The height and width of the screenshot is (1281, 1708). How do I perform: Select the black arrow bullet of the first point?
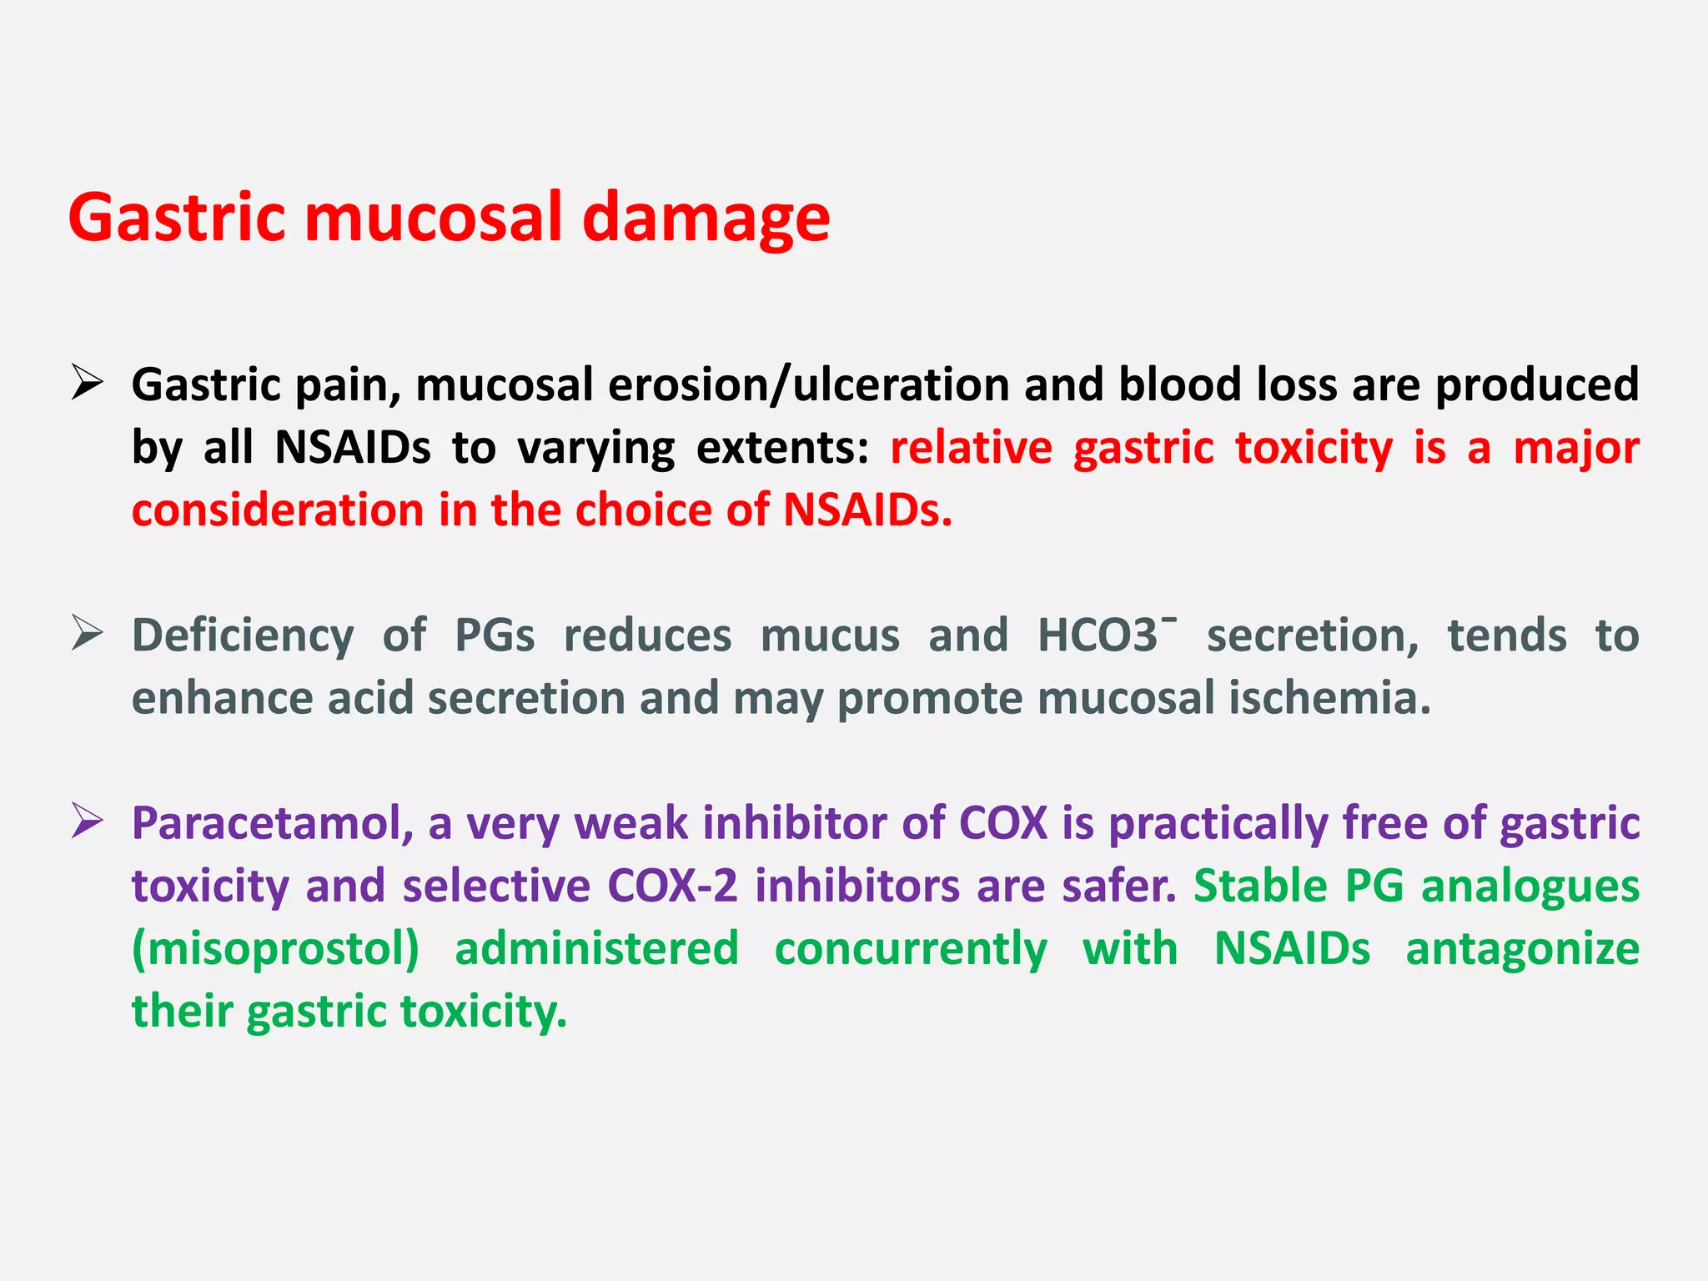point(87,383)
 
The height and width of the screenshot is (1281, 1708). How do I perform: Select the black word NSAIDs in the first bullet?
point(353,448)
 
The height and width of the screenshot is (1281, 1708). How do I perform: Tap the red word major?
point(1575,449)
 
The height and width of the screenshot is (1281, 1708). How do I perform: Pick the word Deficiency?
point(243,636)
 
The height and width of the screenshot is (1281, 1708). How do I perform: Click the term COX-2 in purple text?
point(672,886)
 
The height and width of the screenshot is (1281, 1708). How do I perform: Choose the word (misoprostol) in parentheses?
point(276,949)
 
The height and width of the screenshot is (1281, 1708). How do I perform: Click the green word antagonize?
point(1522,949)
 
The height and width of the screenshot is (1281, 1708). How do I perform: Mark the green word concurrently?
point(911,949)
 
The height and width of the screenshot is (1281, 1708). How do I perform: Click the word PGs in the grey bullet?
point(495,636)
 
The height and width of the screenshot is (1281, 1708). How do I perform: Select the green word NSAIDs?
point(1292,949)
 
